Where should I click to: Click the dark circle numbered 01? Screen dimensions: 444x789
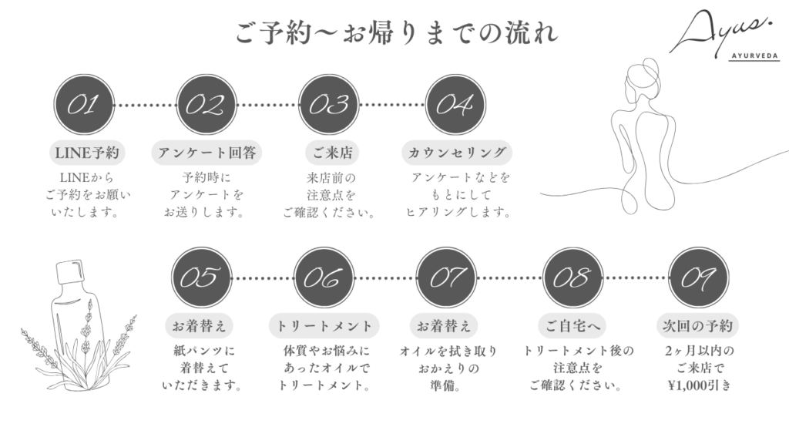pos(84,104)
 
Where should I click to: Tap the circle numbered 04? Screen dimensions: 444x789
pos(455,104)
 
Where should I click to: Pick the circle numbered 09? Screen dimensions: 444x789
pos(698,277)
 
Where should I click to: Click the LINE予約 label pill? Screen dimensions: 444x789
pos(85,152)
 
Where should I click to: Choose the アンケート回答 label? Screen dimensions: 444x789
pos(206,152)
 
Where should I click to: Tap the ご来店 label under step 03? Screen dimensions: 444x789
pos(331,152)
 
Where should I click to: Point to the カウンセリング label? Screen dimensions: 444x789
pos(458,152)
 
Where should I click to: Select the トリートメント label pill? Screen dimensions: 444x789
pos(324,325)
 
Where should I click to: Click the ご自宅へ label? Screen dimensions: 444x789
pos(573,325)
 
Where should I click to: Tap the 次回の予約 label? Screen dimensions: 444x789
pos(698,325)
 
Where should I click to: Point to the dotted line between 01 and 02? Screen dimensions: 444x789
pos(145,104)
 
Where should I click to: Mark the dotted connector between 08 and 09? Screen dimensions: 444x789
pos(636,277)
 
